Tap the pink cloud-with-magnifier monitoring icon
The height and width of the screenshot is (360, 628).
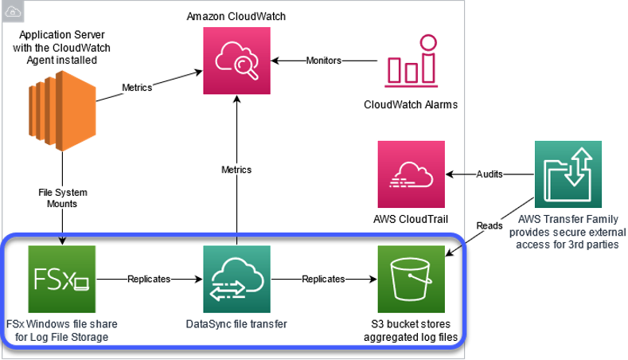tap(236, 61)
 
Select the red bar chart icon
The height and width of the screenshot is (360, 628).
tap(411, 61)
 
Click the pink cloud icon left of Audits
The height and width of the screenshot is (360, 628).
tap(411, 174)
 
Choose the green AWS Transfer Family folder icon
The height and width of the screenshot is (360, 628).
tap(568, 174)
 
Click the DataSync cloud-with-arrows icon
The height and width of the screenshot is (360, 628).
tap(236, 279)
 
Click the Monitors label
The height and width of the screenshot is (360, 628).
tap(324, 61)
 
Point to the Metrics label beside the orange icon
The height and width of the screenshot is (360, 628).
tap(137, 88)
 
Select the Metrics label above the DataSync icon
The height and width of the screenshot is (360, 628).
tap(236, 170)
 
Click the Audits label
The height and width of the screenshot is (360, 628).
tap(489, 174)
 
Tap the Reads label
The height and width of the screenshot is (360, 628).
tap(489, 225)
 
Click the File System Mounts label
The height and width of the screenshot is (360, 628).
tap(62, 198)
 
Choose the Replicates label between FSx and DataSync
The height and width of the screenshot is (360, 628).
tap(150, 280)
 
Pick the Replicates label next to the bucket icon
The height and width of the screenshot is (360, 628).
tap(323, 280)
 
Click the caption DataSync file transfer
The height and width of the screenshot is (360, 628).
tap(236, 323)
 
